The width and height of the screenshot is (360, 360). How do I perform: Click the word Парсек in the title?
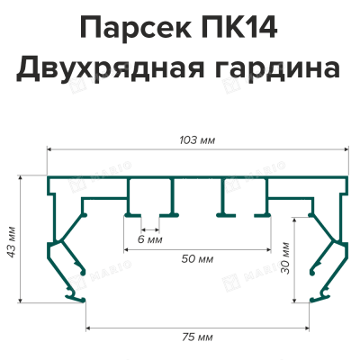[x=135, y=28]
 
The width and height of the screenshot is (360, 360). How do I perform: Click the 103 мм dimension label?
[x=197, y=140]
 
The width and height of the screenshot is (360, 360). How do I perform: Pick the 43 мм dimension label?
[x=12, y=241]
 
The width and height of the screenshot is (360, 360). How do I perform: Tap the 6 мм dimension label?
[x=150, y=239]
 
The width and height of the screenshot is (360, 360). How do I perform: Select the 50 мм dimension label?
[x=197, y=258]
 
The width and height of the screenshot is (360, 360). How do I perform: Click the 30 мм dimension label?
[x=285, y=258]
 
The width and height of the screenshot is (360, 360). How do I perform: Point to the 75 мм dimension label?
[x=197, y=337]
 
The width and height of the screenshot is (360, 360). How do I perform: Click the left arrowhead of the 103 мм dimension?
[x=49, y=148]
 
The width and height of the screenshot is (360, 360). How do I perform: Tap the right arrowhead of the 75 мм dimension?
[x=308, y=328]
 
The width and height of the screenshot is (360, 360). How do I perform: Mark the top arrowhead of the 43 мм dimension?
[x=21, y=177]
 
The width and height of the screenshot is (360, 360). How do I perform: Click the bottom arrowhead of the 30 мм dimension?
[x=295, y=301]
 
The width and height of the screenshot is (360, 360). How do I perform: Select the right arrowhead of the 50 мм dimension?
[x=269, y=249]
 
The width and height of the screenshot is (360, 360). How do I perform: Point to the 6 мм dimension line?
[x=150, y=230]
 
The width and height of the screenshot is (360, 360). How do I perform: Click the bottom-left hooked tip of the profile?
[x=84, y=300]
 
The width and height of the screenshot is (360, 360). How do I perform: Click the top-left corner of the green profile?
[x=48, y=176]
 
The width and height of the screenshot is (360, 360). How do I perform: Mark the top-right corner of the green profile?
[x=348, y=176]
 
